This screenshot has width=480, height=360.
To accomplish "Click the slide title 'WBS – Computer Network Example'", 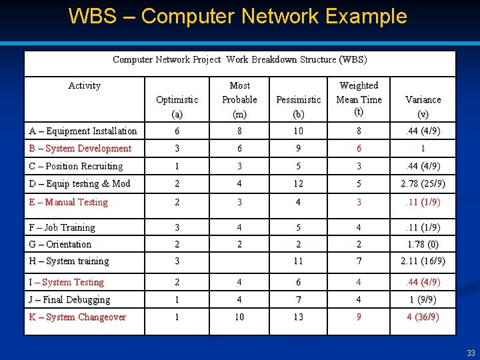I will [237, 16].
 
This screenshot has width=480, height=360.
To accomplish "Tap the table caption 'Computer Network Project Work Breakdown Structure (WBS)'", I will [239, 59].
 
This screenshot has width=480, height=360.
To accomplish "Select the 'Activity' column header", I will [85, 85].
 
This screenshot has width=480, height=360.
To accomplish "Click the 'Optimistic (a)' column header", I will [177, 107].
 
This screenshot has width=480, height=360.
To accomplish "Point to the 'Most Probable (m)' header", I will [239, 99].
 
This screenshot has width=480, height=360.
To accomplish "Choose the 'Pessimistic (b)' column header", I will [298, 107].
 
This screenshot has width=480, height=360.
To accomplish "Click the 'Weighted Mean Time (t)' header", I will [359, 99].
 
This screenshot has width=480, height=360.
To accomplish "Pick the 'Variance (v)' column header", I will [423, 107].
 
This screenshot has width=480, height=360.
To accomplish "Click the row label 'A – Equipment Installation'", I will [83, 131].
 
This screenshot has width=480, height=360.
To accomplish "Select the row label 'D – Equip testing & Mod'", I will [79, 183].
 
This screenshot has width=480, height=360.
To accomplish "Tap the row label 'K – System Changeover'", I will [77, 317].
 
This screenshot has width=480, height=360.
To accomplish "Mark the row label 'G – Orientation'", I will [60, 244].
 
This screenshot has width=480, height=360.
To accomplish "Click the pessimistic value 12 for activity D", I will [298, 183].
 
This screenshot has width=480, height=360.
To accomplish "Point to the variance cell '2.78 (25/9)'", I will [423, 183].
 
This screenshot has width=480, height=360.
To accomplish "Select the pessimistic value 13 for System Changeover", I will [298, 317].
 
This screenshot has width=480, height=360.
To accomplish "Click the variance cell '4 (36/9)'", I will [423, 317].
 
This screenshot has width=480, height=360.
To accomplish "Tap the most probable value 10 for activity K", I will [239, 317].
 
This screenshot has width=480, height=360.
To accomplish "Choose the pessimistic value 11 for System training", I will [298, 261].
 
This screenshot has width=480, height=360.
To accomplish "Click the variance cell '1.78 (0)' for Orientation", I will [423, 244].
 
